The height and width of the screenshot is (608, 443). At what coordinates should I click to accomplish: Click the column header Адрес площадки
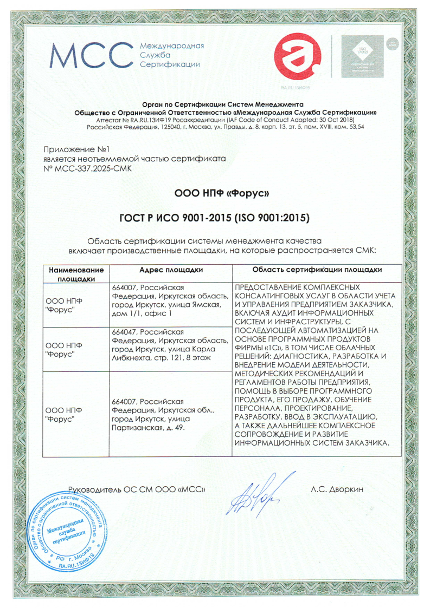[x=171, y=270]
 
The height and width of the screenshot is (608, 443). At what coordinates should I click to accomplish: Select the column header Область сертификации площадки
[x=317, y=270]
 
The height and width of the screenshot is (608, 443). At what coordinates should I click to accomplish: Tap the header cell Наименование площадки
[x=76, y=274]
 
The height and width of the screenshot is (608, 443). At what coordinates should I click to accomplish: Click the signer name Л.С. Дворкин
[x=337, y=489]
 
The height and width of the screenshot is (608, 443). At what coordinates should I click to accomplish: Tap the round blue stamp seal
[x=68, y=531]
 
